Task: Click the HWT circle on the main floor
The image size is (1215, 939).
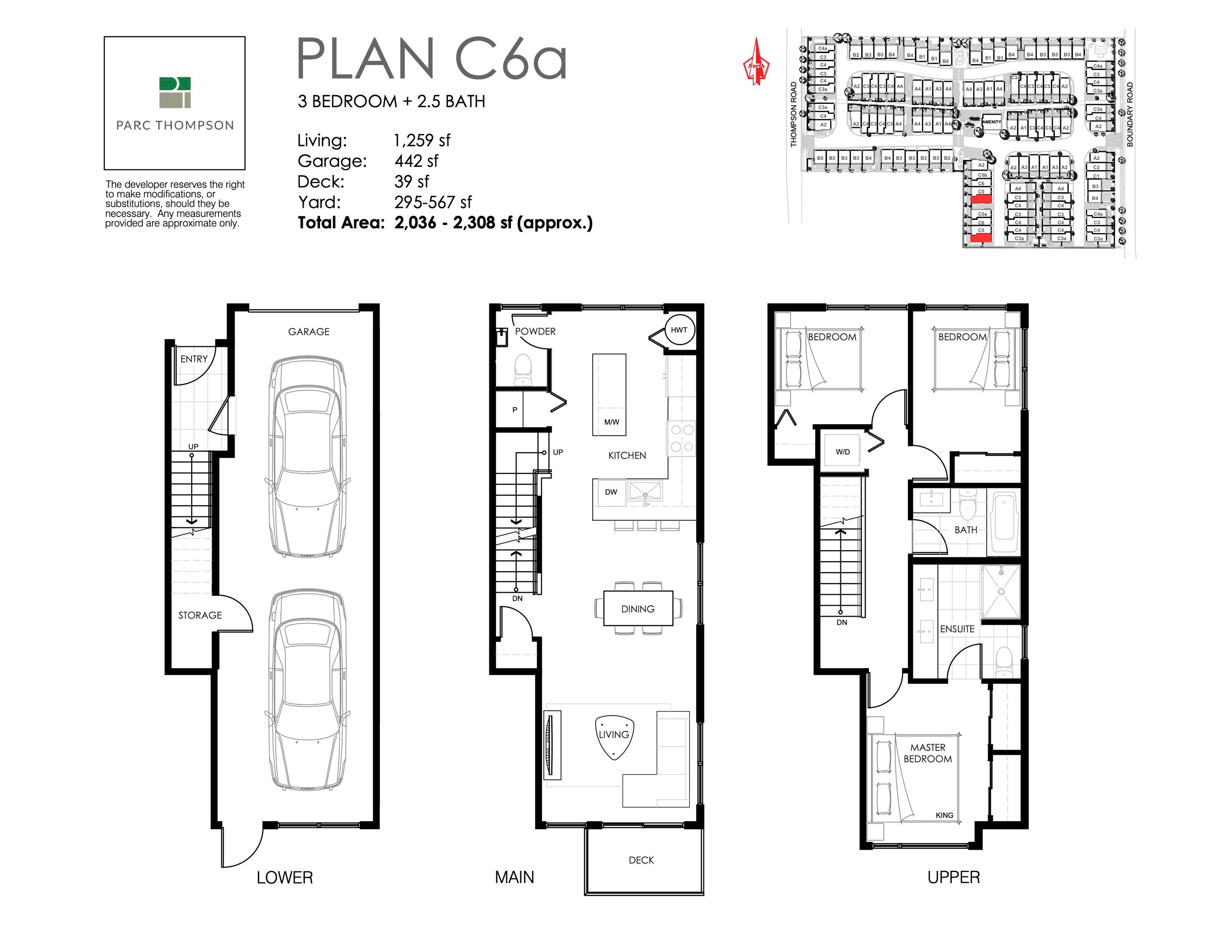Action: point(679,330)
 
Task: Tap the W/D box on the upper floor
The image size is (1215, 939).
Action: point(842,452)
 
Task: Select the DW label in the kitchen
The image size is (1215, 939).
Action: point(611,492)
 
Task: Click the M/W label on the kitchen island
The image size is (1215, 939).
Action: point(611,422)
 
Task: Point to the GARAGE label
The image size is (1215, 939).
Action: point(309,331)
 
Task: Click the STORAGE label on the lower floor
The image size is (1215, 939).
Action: point(200,615)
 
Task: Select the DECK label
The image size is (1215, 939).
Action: point(641,860)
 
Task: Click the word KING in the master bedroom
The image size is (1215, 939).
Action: point(944,815)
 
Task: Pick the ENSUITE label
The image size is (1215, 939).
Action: point(957,629)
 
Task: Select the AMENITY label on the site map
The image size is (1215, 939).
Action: point(991,122)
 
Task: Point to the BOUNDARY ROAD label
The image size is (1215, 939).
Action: point(1130,115)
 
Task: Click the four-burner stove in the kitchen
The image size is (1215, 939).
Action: point(681,438)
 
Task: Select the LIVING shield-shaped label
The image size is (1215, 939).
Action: point(614,735)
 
